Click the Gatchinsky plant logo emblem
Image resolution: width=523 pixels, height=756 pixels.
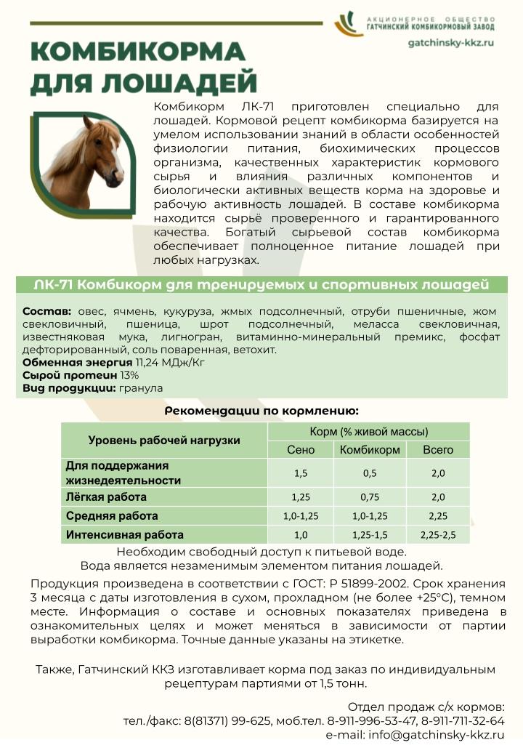click(x=349, y=24)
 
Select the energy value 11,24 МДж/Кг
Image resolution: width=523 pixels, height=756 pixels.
click(x=166, y=362)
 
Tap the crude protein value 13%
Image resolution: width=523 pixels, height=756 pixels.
click(x=129, y=375)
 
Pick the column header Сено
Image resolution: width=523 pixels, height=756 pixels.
click(x=301, y=450)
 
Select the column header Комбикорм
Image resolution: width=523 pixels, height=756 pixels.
click(x=370, y=450)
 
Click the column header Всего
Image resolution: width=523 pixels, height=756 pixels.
click(x=438, y=450)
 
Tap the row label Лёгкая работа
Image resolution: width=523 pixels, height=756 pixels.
click(x=106, y=497)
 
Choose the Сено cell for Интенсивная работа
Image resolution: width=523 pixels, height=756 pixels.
click(x=301, y=535)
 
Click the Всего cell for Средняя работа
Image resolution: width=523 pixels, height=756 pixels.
click(x=438, y=516)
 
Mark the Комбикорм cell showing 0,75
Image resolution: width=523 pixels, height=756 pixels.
click(x=370, y=497)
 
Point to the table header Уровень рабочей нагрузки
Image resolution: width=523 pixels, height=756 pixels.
click(x=164, y=440)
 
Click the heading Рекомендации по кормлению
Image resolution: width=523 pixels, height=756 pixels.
click(x=261, y=411)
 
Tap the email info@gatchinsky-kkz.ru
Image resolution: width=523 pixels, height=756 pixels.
click(x=437, y=735)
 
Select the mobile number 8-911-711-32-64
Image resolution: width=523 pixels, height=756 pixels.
click(x=457, y=721)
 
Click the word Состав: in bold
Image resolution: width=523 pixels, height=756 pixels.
click(x=47, y=310)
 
